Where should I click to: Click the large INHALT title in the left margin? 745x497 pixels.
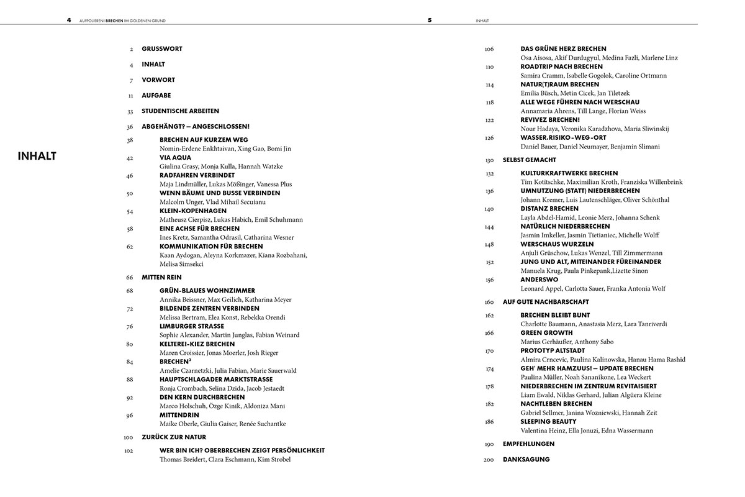(x=37, y=156)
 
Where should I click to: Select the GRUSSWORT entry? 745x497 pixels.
(x=161, y=48)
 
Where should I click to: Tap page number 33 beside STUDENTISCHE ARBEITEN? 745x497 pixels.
(x=130, y=111)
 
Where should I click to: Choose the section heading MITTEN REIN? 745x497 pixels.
(x=161, y=277)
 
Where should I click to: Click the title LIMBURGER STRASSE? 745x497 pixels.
(x=191, y=326)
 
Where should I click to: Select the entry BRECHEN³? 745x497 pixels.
(x=175, y=362)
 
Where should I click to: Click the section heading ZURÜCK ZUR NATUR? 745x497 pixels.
(x=174, y=437)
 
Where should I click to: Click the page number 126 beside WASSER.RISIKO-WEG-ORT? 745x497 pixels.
(x=489, y=138)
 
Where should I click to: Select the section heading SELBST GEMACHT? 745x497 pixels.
(x=529, y=160)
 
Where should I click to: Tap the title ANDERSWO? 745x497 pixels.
(x=539, y=280)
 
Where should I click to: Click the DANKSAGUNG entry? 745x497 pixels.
(x=526, y=460)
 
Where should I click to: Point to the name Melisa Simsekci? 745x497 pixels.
(x=181, y=264)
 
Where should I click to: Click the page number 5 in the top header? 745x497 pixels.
(x=430, y=20)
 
